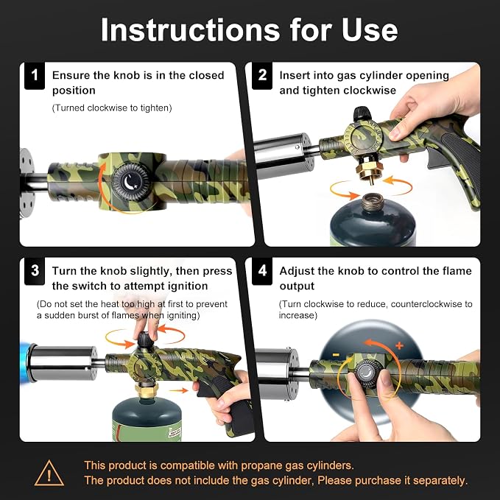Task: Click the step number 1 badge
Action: coord(35,76)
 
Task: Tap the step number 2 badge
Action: coord(262,76)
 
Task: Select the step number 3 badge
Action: coord(35,271)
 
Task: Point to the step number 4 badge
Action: coord(262,271)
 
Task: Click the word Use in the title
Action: coord(370,29)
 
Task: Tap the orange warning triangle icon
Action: coord(49,473)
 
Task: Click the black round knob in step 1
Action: coord(131,183)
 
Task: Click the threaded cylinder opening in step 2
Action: coord(373,203)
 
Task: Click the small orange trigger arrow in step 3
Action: coord(178,390)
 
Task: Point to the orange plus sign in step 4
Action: coord(399,345)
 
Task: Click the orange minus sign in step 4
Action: coord(336,355)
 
